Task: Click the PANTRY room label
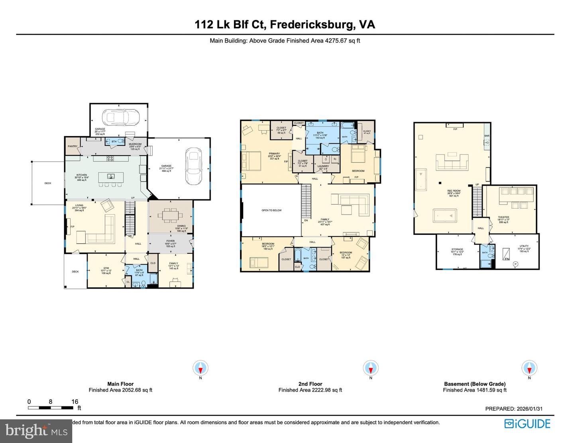[x=73, y=146]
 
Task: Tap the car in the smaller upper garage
[x=120, y=117]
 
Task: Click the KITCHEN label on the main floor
[x=82, y=175]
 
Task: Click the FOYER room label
[x=170, y=241]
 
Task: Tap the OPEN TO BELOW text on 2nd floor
[x=271, y=210]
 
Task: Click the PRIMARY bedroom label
[x=274, y=154]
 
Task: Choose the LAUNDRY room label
[x=323, y=166]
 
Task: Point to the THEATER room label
[x=503, y=217]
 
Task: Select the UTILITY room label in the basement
[x=524, y=246]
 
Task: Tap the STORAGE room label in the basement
[x=457, y=250]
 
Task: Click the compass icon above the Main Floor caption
[x=201, y=368]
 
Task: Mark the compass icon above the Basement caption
[x=529, y=368]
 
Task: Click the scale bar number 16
[x=75, y=402]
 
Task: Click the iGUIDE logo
[x=527, y=423]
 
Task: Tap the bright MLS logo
[x=36, y=431]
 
